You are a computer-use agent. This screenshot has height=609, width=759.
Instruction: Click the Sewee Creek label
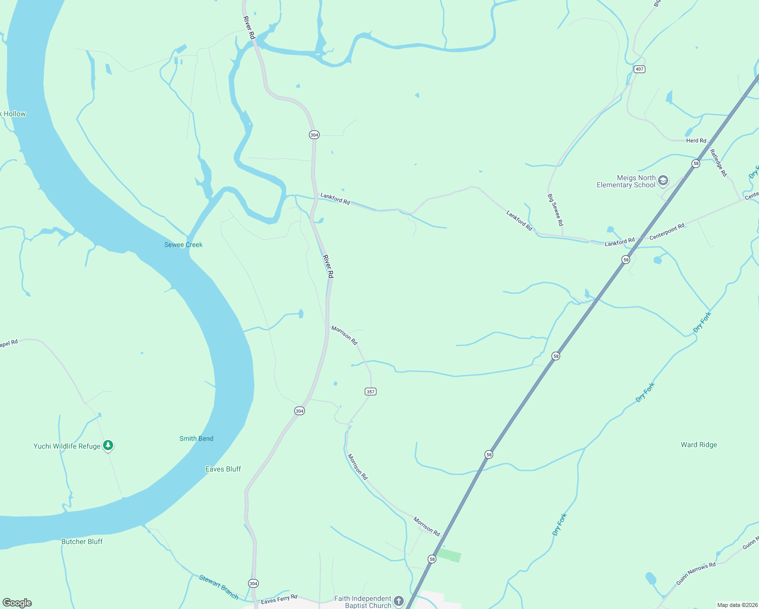[x=183, y=245]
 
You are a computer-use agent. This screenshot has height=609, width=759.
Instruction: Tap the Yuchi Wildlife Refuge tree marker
[x=108, y=446]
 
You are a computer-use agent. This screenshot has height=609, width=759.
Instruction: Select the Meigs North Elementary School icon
[x=663, y=181]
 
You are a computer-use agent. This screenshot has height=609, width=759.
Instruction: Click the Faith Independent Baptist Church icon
[x=399, y=601]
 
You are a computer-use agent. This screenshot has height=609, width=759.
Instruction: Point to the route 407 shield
[x=639, y=69]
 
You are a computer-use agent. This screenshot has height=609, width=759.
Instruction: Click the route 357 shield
[x=371, y=391]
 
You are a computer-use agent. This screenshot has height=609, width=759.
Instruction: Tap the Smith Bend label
[x=196, y=438]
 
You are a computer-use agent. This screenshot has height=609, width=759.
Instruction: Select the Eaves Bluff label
[x=223, y=469]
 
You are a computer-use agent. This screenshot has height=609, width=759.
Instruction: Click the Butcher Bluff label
[x=82, y=542]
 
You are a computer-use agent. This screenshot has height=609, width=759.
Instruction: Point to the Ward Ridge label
[x=699, y=445]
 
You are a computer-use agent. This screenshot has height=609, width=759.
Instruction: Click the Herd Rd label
[x=696, y=141]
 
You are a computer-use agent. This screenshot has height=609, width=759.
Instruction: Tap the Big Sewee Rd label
[x=555, y=210]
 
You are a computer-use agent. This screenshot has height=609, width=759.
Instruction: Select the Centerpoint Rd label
[x=667, y=231]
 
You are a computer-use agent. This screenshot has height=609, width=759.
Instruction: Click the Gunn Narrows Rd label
[x=696, y=573]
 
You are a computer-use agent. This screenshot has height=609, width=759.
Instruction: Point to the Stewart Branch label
[x=219, y=587]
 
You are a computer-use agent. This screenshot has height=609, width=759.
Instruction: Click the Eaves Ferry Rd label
[x=279, y=599]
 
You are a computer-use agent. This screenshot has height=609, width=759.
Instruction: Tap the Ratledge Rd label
[x=718, y=162]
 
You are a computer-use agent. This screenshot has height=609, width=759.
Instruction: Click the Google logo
[x=17, y=603]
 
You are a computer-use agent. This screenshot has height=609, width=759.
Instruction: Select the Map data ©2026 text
[x=737, y=605]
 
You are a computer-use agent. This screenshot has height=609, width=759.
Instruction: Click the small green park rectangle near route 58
[x=449, y=555]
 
